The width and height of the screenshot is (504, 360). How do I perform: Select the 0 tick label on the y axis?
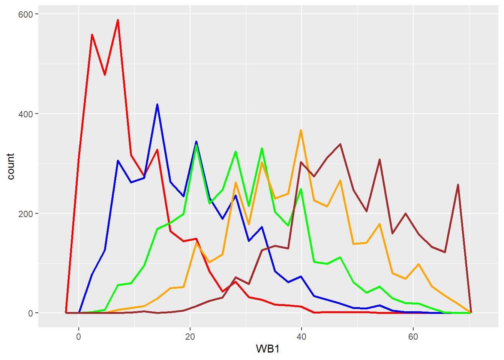pyautogui.click(x=30, y=313)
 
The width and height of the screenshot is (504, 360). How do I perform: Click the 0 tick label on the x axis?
pyautogui.click(x=79, y=337)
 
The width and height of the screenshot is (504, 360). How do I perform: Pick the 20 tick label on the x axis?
pyautogui.click(x=190, y=337)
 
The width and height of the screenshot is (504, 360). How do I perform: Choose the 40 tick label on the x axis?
pyautogui.click(x=301, y=337)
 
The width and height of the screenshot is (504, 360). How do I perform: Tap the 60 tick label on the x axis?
pyautogui.click(x=412, y=337)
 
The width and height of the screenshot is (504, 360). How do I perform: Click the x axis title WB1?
pyautogui.click(x=268, y=349)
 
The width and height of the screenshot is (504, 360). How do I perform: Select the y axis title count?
pyautogui.click(x=10, y=166)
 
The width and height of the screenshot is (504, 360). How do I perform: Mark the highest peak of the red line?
pyautogui.click(x=118, y=20)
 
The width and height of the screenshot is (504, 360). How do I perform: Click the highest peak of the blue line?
pyautogui.click(x=157, y=105)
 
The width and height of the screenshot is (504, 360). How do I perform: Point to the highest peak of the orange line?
pyautogui.click(x=301, y=130)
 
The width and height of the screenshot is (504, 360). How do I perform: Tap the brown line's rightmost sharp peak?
pyautogui.click(x=458, y=184)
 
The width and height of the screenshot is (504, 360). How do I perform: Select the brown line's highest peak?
pyautogui.click(x=340, y=144)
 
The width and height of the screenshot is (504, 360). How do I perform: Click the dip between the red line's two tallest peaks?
pyautogui.click(x=105, y=75)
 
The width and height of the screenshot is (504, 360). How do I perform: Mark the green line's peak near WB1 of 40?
pyautogui.click(x=301, y=189)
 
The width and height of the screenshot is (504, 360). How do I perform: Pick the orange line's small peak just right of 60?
pyautogui.click(x=418, y=264)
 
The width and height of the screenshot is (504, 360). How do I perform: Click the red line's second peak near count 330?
pyautogui.click(x=157, y=150)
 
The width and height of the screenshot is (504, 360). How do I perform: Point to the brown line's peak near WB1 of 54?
pyautogui.click(x=379, y=160)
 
